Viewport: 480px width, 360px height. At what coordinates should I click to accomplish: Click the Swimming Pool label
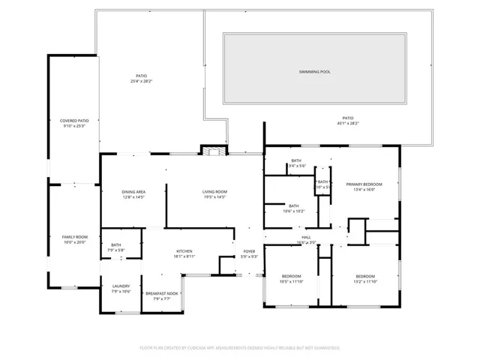coord(314,72)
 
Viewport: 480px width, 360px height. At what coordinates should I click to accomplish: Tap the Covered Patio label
coord(74,121)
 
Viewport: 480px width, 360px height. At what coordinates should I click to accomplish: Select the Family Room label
coord(74,237)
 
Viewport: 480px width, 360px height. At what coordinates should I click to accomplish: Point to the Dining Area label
coord(133,192)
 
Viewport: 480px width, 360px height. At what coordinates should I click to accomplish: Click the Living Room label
coord(214,192)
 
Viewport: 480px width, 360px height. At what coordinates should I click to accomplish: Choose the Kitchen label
coord(184,250)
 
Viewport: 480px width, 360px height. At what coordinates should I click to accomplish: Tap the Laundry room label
coord(121,286)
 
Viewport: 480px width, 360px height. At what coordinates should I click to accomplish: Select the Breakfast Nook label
coord(162,293)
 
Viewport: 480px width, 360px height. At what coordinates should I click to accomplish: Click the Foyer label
coord(249,251)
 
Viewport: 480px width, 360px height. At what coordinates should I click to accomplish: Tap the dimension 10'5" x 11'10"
coord(291,281)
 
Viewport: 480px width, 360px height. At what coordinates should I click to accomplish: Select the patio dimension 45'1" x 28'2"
coord(347,123)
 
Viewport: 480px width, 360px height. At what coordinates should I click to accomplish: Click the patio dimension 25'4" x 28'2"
coord(141,81)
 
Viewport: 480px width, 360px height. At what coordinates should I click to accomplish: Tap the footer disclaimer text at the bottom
coord(239,348)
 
